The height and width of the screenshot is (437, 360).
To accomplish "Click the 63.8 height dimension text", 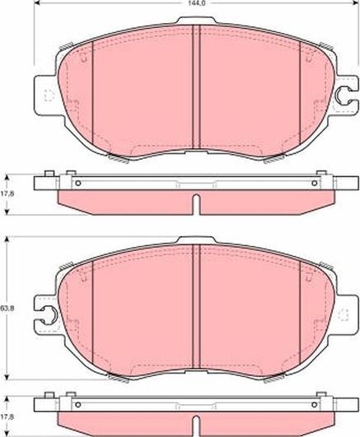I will click(7, 308).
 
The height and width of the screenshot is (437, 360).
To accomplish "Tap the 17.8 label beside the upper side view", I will click(7, 194).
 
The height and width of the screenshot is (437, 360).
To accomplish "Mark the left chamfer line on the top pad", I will click(91, 91).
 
